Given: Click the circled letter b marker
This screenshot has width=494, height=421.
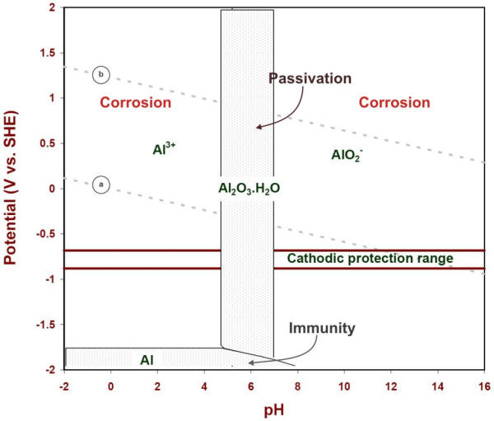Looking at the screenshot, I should pos(100,74).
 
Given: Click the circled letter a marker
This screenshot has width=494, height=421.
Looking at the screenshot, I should pos(100,185).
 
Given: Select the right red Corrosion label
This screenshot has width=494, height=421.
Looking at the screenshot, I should pos(394,103).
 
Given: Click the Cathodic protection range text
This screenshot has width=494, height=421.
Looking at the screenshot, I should pos(370,259).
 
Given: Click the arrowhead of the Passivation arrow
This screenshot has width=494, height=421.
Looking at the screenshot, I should pos(258,127).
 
